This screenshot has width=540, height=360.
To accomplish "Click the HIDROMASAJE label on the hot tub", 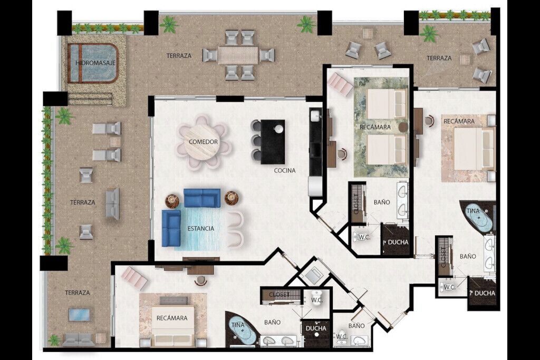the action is [x=95, y=63].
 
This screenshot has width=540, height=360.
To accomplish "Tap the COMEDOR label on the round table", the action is [x=203, y=142].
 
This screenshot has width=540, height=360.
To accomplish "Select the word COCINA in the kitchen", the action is [x=284, y=170].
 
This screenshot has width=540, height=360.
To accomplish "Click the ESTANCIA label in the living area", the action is [x=201, y=229].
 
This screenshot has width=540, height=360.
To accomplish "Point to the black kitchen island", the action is [x=273, y=142].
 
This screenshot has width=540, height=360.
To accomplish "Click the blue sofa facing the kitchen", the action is [x=202, y=198].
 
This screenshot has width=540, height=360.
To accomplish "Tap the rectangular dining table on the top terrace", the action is [x=238, y=55].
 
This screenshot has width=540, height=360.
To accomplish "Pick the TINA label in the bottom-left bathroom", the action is [x=238, y=325].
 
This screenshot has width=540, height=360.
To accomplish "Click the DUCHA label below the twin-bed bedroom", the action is [x=398, y=242].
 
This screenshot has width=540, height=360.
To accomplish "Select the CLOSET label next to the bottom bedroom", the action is [x=279, y=295].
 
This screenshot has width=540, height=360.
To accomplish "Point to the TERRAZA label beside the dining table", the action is [x=179, y=55].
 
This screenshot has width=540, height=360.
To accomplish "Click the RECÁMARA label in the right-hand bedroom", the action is [x=459, y=121].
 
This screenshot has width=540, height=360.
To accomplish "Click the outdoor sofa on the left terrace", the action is [x=113, y=204].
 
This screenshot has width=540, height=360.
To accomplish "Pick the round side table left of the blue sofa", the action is [x=172, y=201].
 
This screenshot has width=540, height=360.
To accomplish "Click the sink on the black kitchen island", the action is [x=279, y=129].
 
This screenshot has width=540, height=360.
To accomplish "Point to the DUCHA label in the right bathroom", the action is [x=485, y=293].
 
